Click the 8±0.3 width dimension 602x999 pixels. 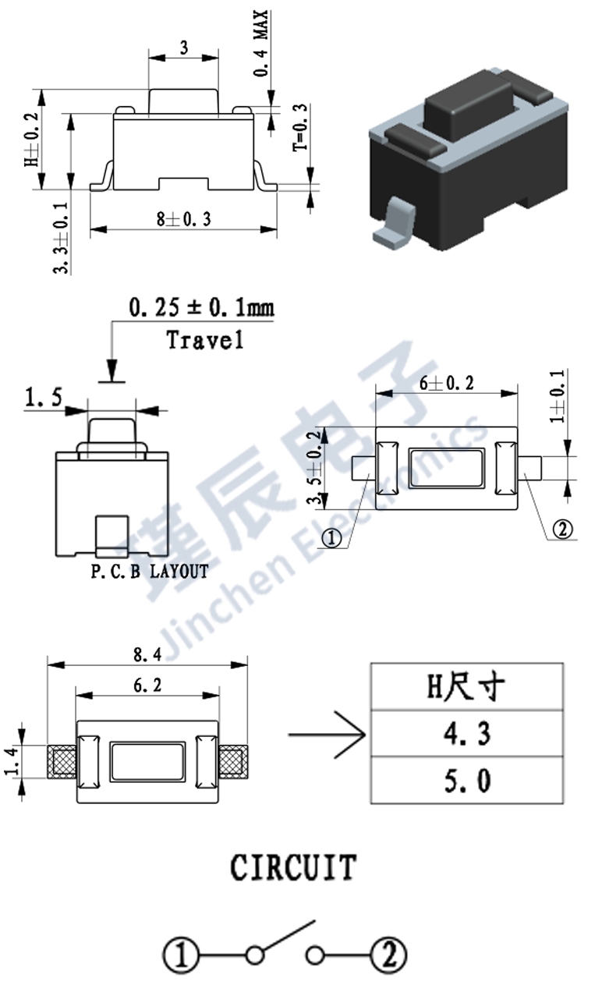[184, 220]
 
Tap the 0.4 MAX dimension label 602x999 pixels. [262, 44]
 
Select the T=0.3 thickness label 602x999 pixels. [300, 128]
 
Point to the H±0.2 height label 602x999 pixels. [32, 140]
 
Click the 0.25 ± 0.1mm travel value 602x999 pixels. [201, 308]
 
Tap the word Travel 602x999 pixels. [205, 340]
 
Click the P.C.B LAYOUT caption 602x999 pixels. [150, 572]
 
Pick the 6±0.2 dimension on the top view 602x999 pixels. [447, 383]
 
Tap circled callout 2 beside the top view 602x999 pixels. [562, 530]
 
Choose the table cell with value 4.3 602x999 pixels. [466, 733]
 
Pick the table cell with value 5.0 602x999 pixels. [466, 781]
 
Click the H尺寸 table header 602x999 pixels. [466, 686]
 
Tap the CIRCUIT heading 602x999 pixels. [293, 867]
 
